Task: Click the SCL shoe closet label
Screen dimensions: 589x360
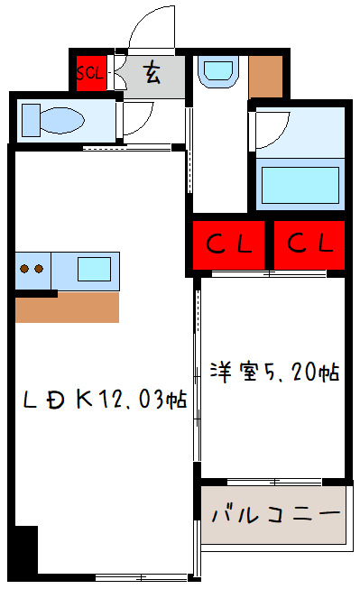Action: click(x=90, y=73)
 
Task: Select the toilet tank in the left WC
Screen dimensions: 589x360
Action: click(x=31, y=119)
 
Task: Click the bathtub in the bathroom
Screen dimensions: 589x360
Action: click(x=301, y=182)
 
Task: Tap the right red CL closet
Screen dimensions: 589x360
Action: click(x=310, y=244)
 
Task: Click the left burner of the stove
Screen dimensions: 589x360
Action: click(x=26, y=268)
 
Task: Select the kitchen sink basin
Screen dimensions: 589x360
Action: click(x=94, y=269)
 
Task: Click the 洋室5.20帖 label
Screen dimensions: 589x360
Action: click(x=274, y=371)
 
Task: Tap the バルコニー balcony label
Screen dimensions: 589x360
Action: click(x=274, y=515)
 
